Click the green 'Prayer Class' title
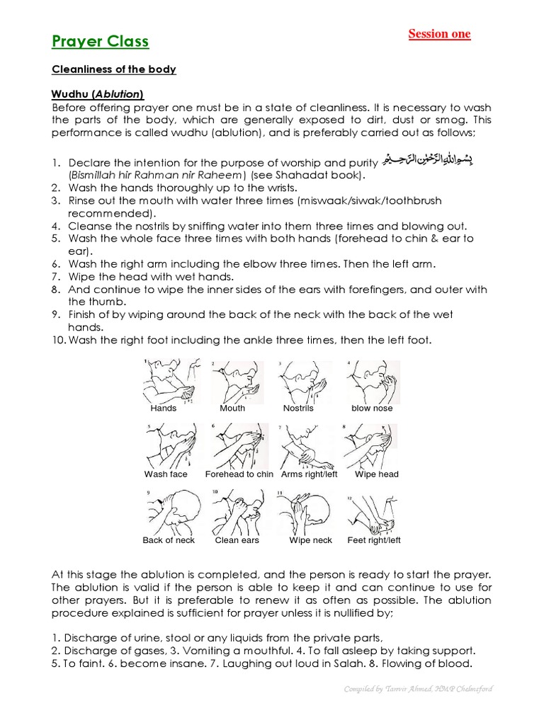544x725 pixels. pyautogui.click(x=100, y=42)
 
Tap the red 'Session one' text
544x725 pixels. pyautogui.click(x=439, y=34)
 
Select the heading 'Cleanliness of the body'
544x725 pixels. pyautogui.click(x=113, y=69)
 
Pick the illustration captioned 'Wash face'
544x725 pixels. pyautogui.click(x=171, y=447)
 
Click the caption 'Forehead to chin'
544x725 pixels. pyautogui.click(x=239, y=474)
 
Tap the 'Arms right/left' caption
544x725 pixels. pyautogui.click(x=310, y=474)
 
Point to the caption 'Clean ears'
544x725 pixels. pyautogui.click(x=237, y=540)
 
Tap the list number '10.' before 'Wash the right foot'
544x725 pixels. pyautogui.click(x=58, y=341)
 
